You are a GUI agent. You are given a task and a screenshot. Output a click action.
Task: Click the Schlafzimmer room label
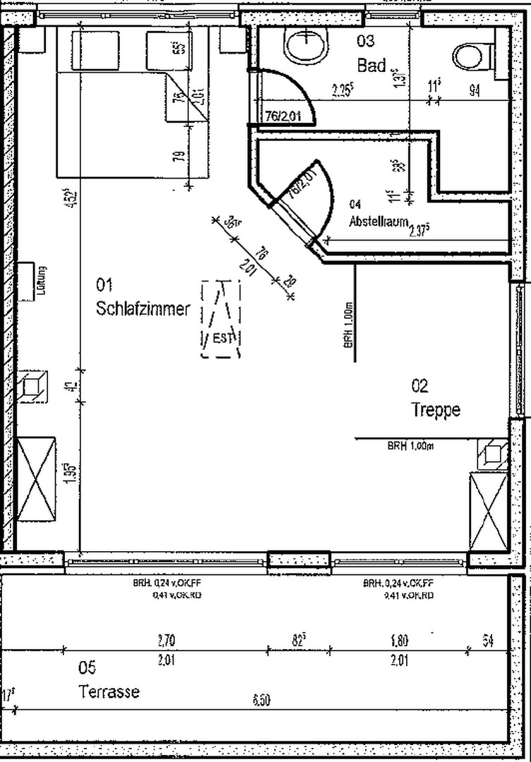(143, 308)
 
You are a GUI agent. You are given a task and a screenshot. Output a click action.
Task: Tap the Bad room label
(372, 66)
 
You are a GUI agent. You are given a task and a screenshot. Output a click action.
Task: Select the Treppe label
(435, 409)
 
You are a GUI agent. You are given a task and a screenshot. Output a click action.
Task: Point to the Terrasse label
(109, 691)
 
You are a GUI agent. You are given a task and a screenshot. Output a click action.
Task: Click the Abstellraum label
(379, 222)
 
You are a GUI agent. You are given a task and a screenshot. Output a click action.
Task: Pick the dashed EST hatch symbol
(220, 319)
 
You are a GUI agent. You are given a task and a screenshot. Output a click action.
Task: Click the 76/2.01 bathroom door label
(284, 116)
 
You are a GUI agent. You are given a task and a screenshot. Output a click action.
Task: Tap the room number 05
(87, 668)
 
